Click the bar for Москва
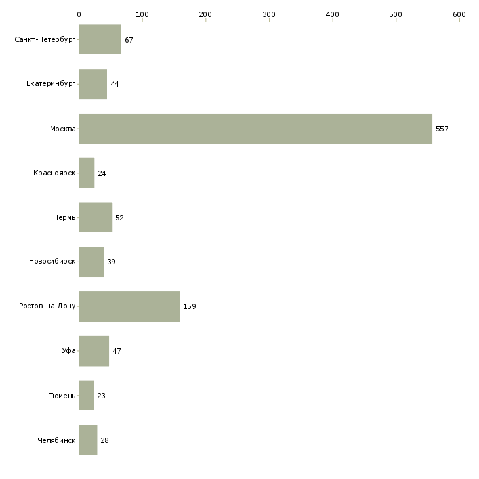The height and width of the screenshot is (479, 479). point(256,129)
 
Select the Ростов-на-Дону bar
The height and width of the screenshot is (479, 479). point(129,306)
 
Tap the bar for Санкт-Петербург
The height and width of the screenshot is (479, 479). point(100,39)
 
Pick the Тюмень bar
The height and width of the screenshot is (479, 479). point(87,395)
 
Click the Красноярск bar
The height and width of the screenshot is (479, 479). point(87,173)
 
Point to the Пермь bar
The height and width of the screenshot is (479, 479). point(96,217)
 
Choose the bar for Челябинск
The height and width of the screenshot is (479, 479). point(89,440)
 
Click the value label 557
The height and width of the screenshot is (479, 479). point(442,129)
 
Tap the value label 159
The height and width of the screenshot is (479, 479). point(190,306)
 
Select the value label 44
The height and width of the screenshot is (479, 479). point(115,84)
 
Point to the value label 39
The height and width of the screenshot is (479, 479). point(111,262)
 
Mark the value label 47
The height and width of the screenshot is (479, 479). point(117,351)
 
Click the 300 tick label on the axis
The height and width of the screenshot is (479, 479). point(269,14)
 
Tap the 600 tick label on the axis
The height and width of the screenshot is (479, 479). point(459,14)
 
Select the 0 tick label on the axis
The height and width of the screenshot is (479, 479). point(79,14)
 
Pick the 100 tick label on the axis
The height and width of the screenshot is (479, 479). point(142,14)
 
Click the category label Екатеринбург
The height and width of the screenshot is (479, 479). point(51,84)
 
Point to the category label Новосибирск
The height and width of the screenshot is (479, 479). point(52,262)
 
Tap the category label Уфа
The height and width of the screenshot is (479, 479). point(69,350)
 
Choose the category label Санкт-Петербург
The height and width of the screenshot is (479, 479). point(45,40)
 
